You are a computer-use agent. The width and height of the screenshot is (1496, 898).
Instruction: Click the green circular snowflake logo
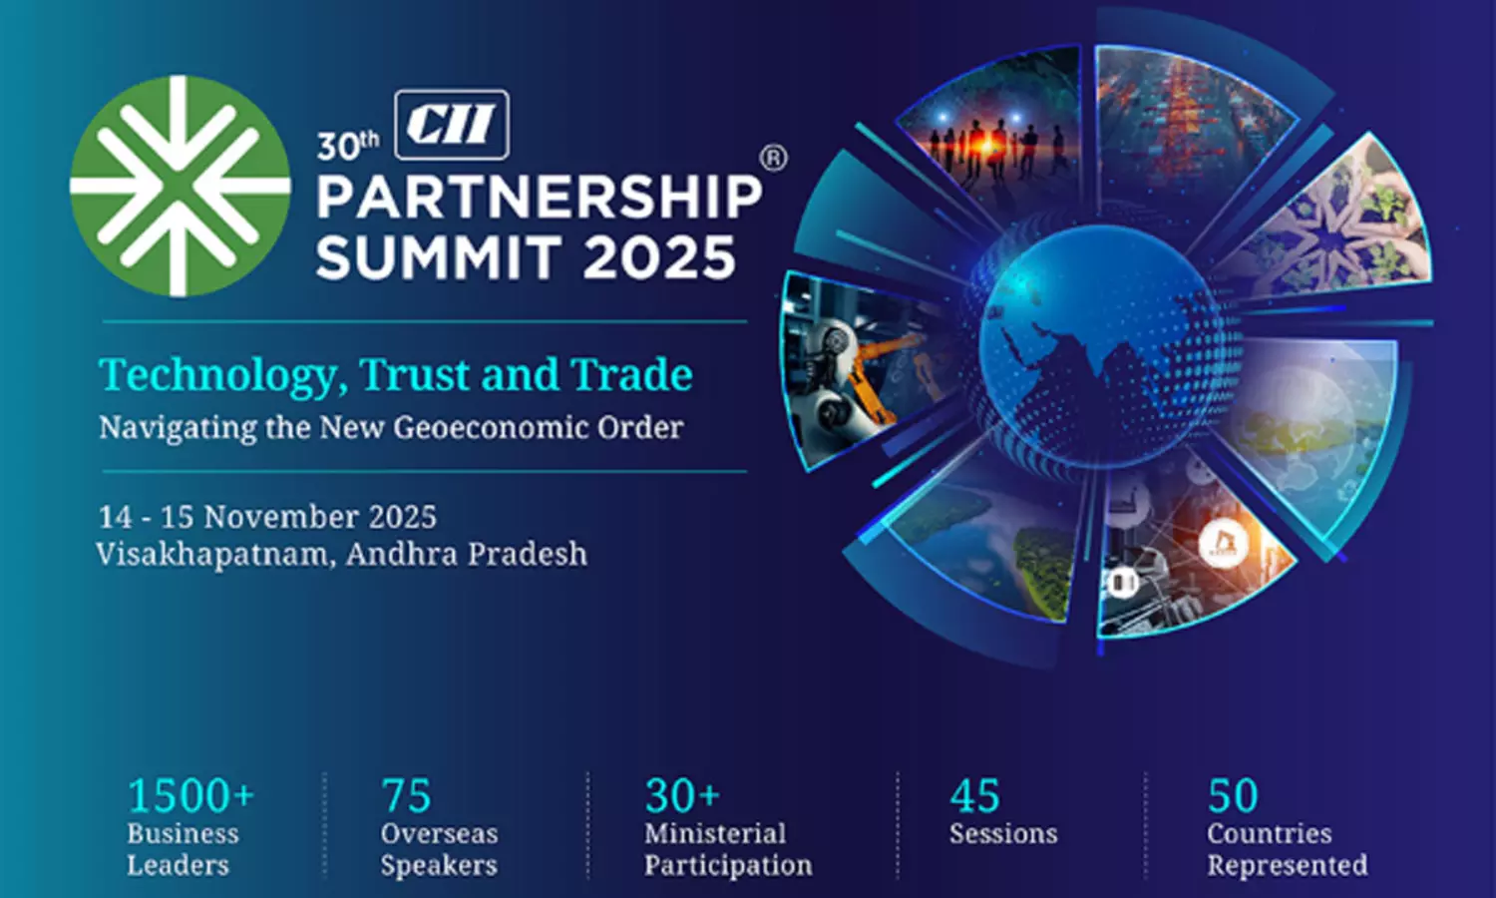click(x=181, y=187)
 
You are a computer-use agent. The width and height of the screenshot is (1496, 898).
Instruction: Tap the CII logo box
click(x=452, y=125)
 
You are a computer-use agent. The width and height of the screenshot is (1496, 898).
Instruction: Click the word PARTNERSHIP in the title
click(x=539, y=198)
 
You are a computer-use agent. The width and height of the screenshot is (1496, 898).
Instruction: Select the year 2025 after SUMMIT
click(x=659, y=257)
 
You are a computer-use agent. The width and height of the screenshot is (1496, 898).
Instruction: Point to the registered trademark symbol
click(x=774, y=159)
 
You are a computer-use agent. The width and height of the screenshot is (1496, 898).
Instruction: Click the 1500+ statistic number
click(x=191, y=795)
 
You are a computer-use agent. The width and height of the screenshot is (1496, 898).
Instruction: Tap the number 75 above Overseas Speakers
click(x=406, y=795)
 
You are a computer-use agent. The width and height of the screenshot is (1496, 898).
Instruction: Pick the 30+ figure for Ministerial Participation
click(x=682, y=795)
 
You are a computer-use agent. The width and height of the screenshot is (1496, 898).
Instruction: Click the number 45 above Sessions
click(x=975, y=795)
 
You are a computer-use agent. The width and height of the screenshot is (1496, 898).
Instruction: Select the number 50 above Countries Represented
click(x=1233, y=795)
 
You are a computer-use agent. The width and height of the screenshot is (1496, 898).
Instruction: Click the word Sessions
click(x=1003, y=833)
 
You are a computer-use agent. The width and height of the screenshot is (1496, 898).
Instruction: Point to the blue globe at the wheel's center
click(x=1109, y=344)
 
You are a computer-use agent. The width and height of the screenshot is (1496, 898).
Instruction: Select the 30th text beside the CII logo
click(x=348, y=145)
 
